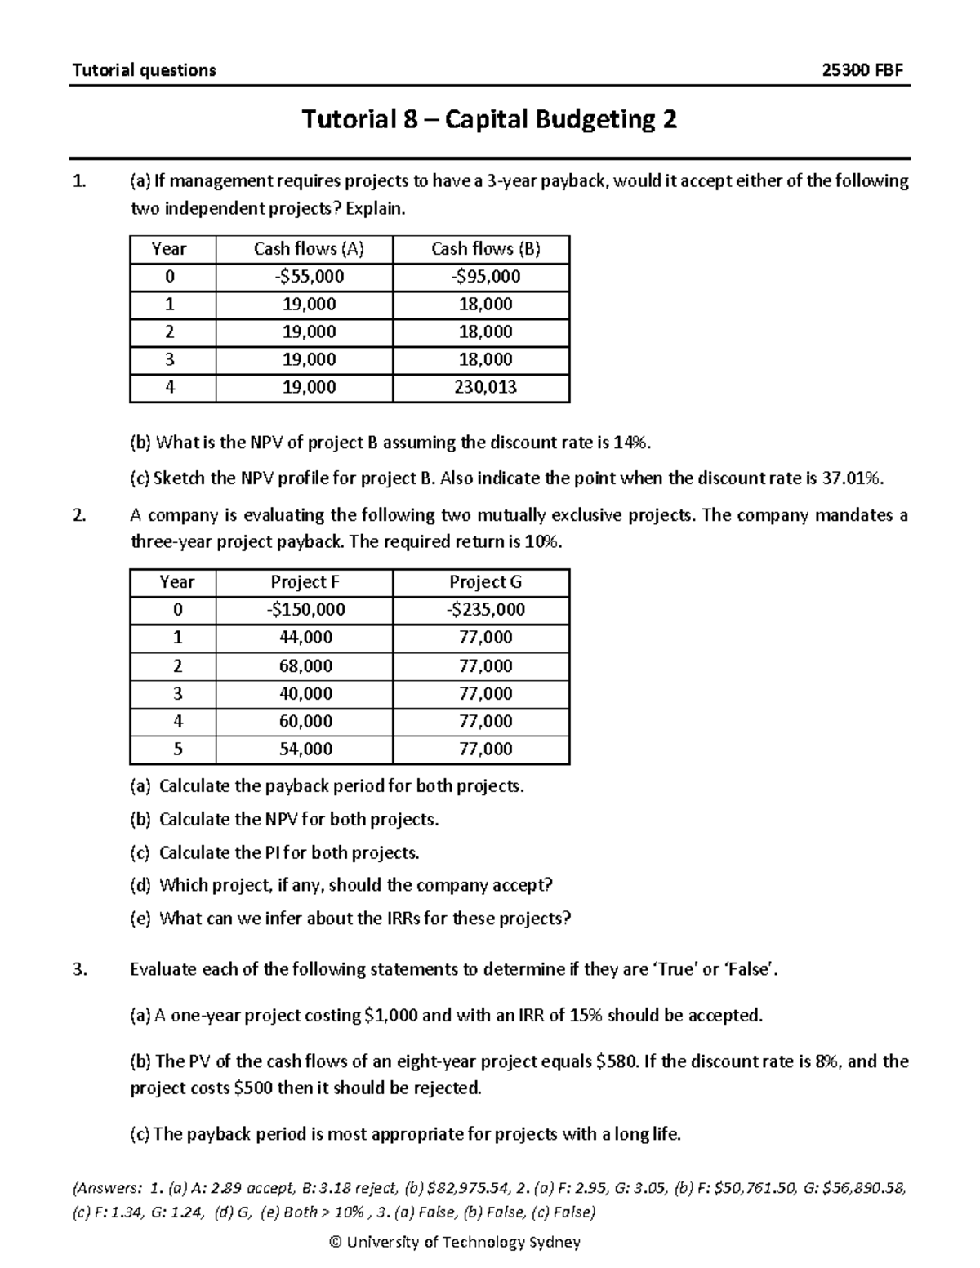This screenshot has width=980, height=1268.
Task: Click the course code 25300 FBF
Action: [863, 70]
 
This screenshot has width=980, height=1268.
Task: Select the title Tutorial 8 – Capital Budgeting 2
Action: [489, 120]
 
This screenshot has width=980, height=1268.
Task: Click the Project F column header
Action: [305, 582]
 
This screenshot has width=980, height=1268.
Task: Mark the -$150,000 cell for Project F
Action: [305, 610]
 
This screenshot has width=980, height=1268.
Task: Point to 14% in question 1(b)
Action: [632, 443]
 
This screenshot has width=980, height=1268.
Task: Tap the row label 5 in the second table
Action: [177, 749]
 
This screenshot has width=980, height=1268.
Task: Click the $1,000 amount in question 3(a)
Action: [390, 1016]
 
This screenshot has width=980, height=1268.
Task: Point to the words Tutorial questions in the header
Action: [144, 70]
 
